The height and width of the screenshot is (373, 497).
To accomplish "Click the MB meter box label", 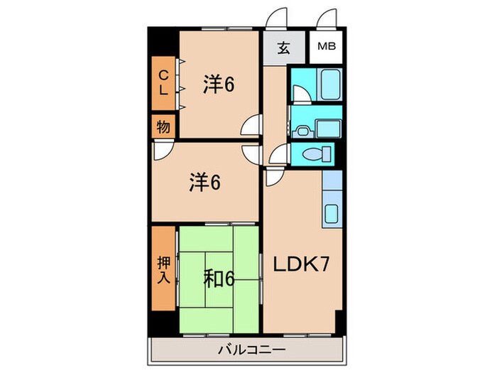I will point(327,48).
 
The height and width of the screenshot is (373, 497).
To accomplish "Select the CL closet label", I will point(163,82).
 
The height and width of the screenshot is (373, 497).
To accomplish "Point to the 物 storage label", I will point(163,128).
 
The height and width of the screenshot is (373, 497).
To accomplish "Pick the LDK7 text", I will point(300,264).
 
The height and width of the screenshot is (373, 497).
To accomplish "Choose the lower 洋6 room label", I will point(204,183).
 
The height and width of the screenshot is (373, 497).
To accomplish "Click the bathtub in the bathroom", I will point(331,85).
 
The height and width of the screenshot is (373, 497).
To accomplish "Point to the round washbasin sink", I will point(302,129).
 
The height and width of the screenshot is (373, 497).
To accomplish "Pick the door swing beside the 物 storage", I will point(162,150).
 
